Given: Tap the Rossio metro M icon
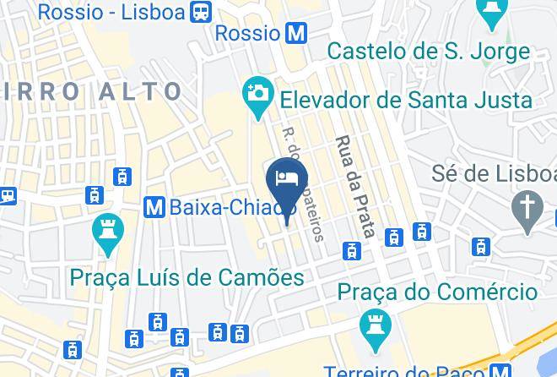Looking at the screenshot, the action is pyautogui.click(x=295, y=33).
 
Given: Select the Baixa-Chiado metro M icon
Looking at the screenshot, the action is pyautogui.click(x=154, y=205).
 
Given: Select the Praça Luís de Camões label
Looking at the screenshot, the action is pyautogui.click(x=187, y=278).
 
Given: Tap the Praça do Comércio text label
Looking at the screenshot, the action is pyautogui.click(x=437, y=292).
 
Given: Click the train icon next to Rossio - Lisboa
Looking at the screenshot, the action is pyautogui.click(x=201, y=11).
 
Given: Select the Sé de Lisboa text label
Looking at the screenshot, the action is pyautogui.click(x=494, y=174).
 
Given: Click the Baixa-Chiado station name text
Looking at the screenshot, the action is pyautogui.click(x=232, y=205).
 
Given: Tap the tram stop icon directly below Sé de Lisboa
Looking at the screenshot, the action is pyautogui.click(x=481, y=246).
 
